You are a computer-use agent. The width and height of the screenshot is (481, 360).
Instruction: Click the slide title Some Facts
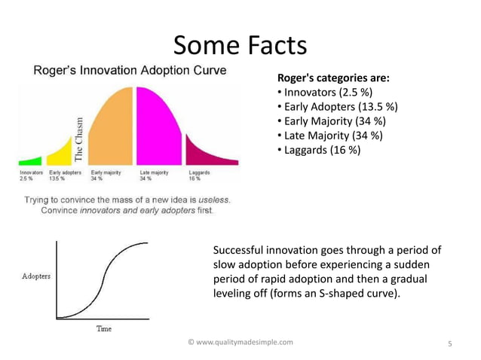pos(240,44)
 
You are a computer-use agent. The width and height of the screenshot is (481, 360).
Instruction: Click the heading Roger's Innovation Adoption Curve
pos(127,70)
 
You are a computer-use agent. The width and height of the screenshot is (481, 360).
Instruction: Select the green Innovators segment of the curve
pos(31,160)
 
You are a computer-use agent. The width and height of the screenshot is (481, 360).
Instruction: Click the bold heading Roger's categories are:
pos(334,78)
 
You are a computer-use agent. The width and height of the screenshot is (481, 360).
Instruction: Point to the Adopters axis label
pos(35,276)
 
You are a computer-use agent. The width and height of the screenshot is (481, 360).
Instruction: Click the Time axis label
pos(104,329)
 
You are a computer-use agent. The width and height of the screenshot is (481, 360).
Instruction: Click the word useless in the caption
pos(214,200)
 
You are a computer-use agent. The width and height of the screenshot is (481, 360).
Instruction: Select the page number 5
pos(450,344)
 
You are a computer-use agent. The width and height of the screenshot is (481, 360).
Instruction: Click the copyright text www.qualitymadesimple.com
pos(240,343)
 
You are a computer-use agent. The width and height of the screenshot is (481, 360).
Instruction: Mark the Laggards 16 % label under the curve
pos(199,176)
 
